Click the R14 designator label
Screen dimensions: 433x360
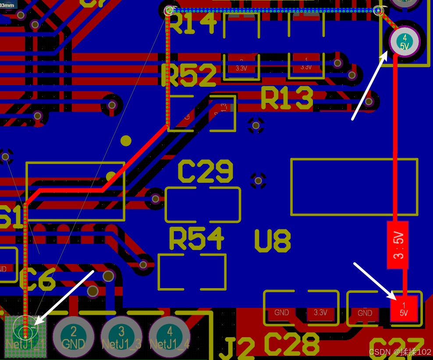tap(193, 23)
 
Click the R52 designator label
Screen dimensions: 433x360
tap(189, 76)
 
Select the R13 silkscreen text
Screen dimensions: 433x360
tap(287, 98)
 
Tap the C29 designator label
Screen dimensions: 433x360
tap(206, 171)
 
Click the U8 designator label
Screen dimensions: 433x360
tap(272, 241)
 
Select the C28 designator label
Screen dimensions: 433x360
tap(291, 344)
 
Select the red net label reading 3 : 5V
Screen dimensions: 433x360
tap(398, 245)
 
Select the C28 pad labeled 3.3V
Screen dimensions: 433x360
tap(320, 313)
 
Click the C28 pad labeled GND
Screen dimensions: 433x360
tap(281, 313)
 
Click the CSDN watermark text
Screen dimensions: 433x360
tap(400, 352)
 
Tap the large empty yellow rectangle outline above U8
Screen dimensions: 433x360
tap(354, 187)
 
